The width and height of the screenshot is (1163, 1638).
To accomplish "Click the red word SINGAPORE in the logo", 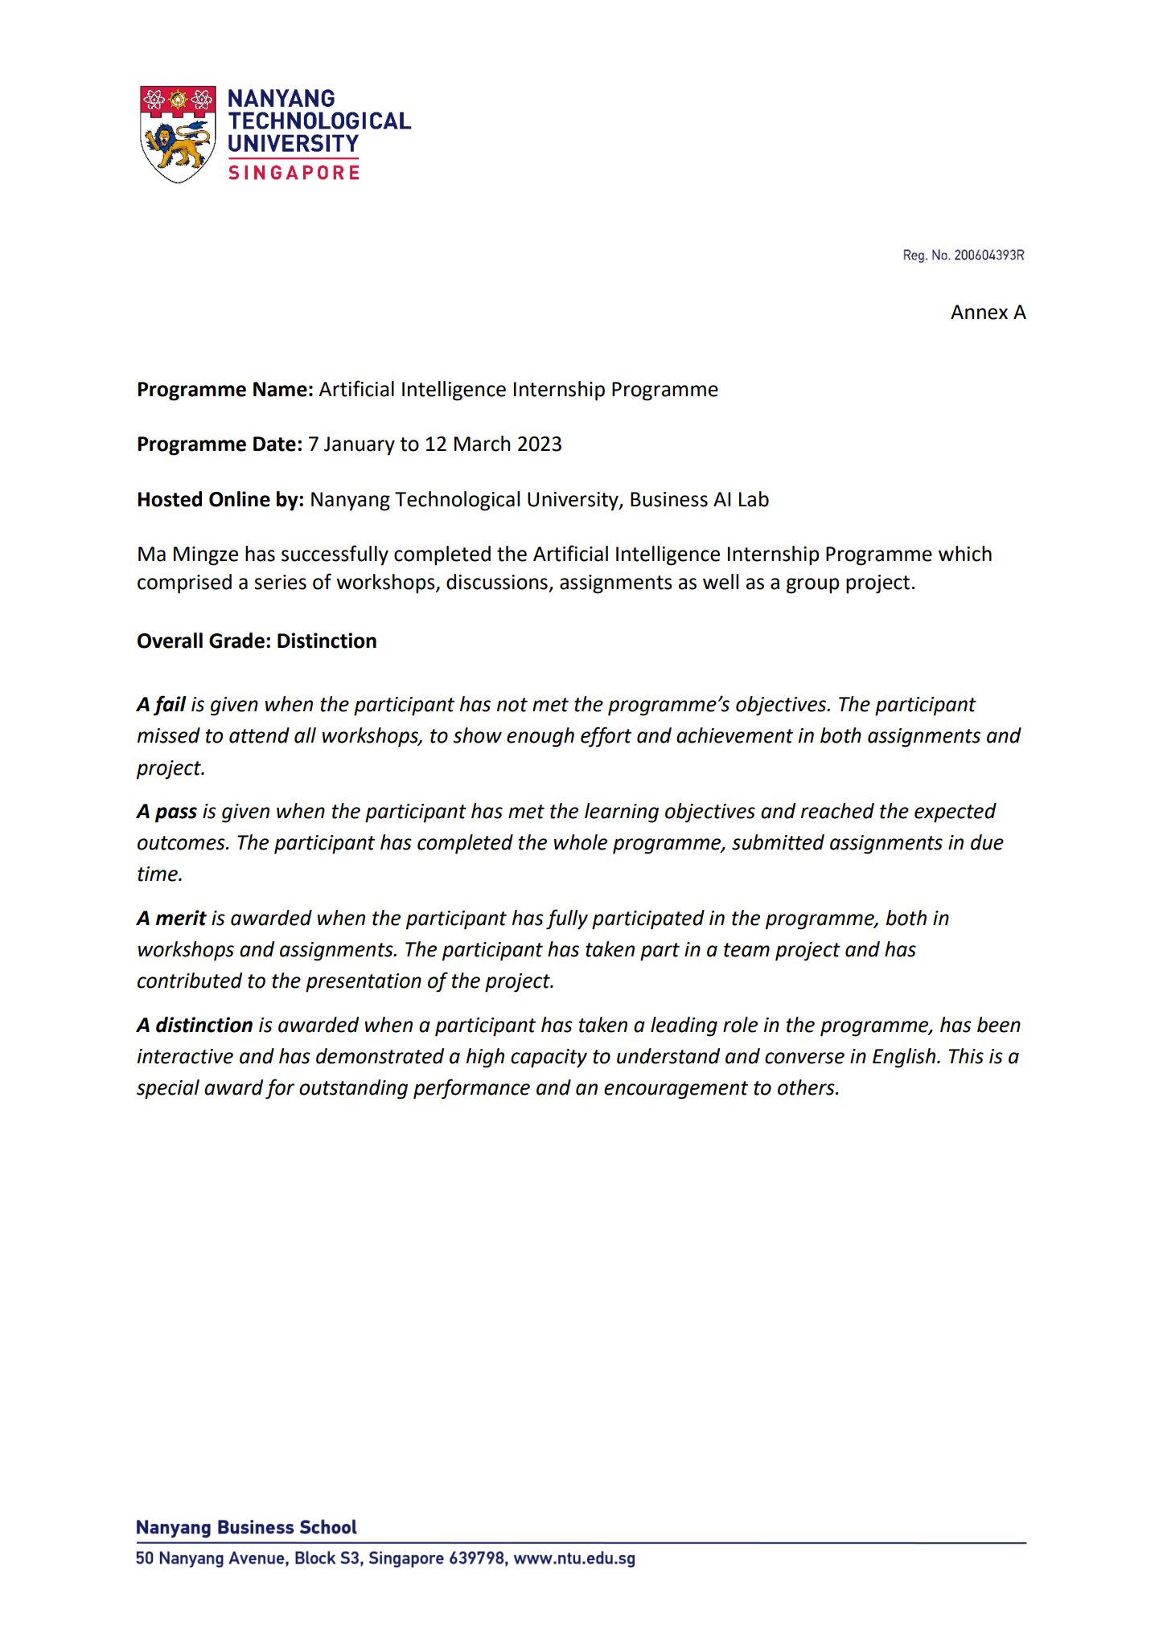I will tap(294, 173).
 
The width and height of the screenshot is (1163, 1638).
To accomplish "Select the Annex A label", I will tap(988, 313).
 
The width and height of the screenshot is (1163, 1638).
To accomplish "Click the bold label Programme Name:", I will tap(224, 390).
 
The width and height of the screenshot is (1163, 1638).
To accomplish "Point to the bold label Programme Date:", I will tap(219, 444).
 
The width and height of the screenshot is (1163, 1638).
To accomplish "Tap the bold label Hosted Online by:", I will tap(220, 500).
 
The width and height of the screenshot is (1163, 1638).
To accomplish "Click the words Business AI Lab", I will tap(699, 500).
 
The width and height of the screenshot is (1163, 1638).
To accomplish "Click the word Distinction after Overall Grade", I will tap(327, 641).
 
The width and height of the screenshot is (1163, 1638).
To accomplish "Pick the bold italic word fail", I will tap(170, 705).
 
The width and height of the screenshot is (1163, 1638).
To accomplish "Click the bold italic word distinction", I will tap(203, 1026).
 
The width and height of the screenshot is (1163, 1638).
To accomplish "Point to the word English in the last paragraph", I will tap(905, 1057).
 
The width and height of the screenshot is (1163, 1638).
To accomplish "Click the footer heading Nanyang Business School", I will tap(246, 1528).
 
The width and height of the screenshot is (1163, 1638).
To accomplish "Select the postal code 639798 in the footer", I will tap(477, 1558).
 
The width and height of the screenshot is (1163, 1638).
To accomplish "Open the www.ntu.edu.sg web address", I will tap(574, 1558).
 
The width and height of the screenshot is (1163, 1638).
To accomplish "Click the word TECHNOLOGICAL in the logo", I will tap(319, 121).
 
